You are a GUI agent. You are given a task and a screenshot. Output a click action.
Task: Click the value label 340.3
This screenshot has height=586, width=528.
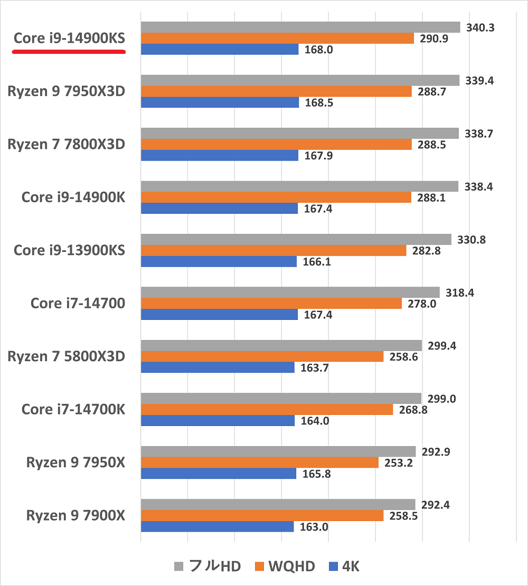click(480, 27)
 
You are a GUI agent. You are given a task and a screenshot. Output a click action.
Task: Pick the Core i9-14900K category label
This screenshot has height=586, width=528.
click(73, 197)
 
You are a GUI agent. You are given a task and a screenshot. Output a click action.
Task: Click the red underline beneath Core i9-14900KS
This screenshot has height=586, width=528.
click(69, 52)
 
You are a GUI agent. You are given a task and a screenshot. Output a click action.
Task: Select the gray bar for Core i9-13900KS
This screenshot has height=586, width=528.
click(296, 240)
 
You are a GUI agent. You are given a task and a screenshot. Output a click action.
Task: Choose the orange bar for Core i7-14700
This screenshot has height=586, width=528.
click(271, 304)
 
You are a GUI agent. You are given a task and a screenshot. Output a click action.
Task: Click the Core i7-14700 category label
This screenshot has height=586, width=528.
click(78, 304)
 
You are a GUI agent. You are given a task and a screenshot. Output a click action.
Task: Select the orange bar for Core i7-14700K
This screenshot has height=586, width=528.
click(267, 410)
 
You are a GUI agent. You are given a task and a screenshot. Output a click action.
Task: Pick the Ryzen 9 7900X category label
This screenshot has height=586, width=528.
click(76, 515)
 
